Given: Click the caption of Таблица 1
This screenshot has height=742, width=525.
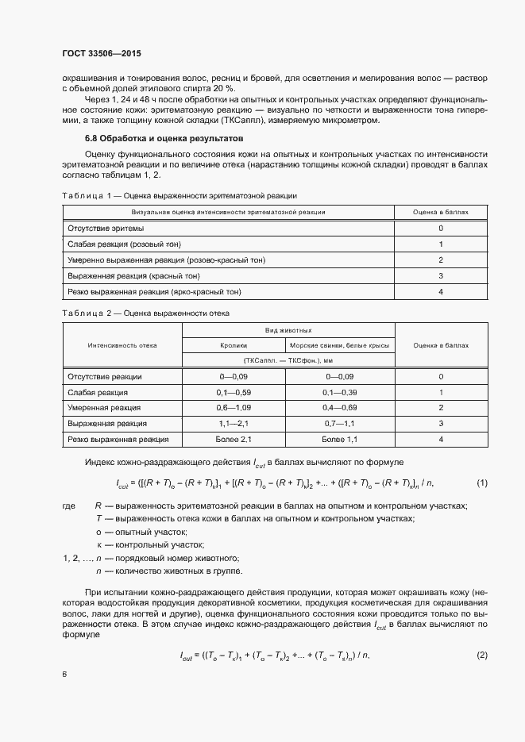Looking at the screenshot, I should [180, 194].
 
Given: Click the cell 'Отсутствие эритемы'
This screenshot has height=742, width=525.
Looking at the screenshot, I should [106, 228].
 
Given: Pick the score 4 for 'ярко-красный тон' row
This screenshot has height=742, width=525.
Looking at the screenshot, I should [440, 292].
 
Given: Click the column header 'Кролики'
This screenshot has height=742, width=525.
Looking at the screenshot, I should [234, 345].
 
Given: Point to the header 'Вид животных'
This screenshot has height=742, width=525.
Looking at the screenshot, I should [288, 329].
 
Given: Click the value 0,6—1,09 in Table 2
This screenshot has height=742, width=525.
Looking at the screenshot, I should [234, 407].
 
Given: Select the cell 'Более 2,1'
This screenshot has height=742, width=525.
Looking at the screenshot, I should [234, 439].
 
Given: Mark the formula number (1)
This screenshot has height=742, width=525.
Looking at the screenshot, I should [481, 482].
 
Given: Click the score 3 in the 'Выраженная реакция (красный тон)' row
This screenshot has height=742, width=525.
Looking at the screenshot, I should [440, 276].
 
